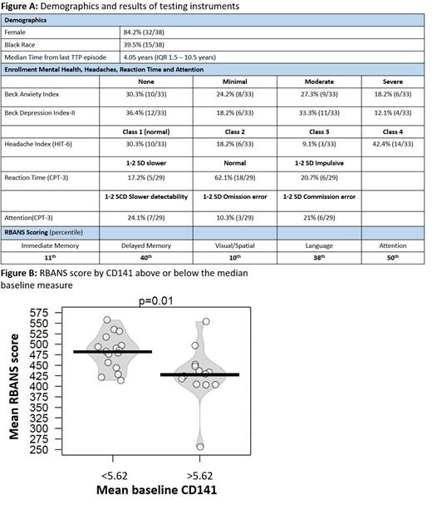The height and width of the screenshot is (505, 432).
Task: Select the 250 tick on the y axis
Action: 39,451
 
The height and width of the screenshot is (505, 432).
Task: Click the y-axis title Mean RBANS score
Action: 14,383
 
